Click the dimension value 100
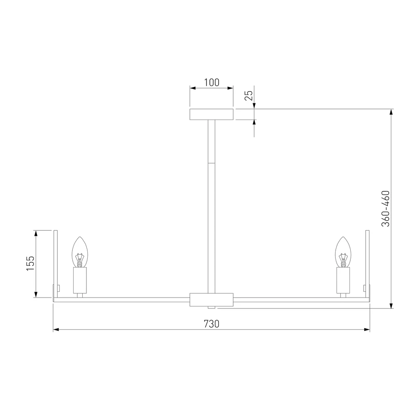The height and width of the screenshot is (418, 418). pyautogui.click(x=212, y=82)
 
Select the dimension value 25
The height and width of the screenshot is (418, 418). pyautogui.click(x=249, y=96)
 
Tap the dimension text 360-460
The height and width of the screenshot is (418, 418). pyautogui.click(x=385, y=209)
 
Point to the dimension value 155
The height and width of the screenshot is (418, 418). pyautogui.click(x=30, y=264)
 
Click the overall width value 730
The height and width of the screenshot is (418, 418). pyautogui.click(x=212, y=324)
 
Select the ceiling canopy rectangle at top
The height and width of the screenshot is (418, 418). pyautogui.click(x=212, y=115)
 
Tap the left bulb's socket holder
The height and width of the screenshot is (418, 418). pyautogui.click(x=80, y=280)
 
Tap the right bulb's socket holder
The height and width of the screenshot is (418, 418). pyautogui.click(x=343, y=280)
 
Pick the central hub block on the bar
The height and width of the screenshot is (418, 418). pyautogui.click(x=212, y=300)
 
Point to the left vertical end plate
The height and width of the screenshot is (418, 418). pyautogui.click(x=55, y=263)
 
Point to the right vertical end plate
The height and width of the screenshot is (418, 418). pyautogui.click(x=368, y=263)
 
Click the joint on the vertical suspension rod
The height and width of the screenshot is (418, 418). pyautogui.click(x=212, y=163)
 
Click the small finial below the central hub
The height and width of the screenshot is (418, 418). pyautogui.click(x=212, y=308)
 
